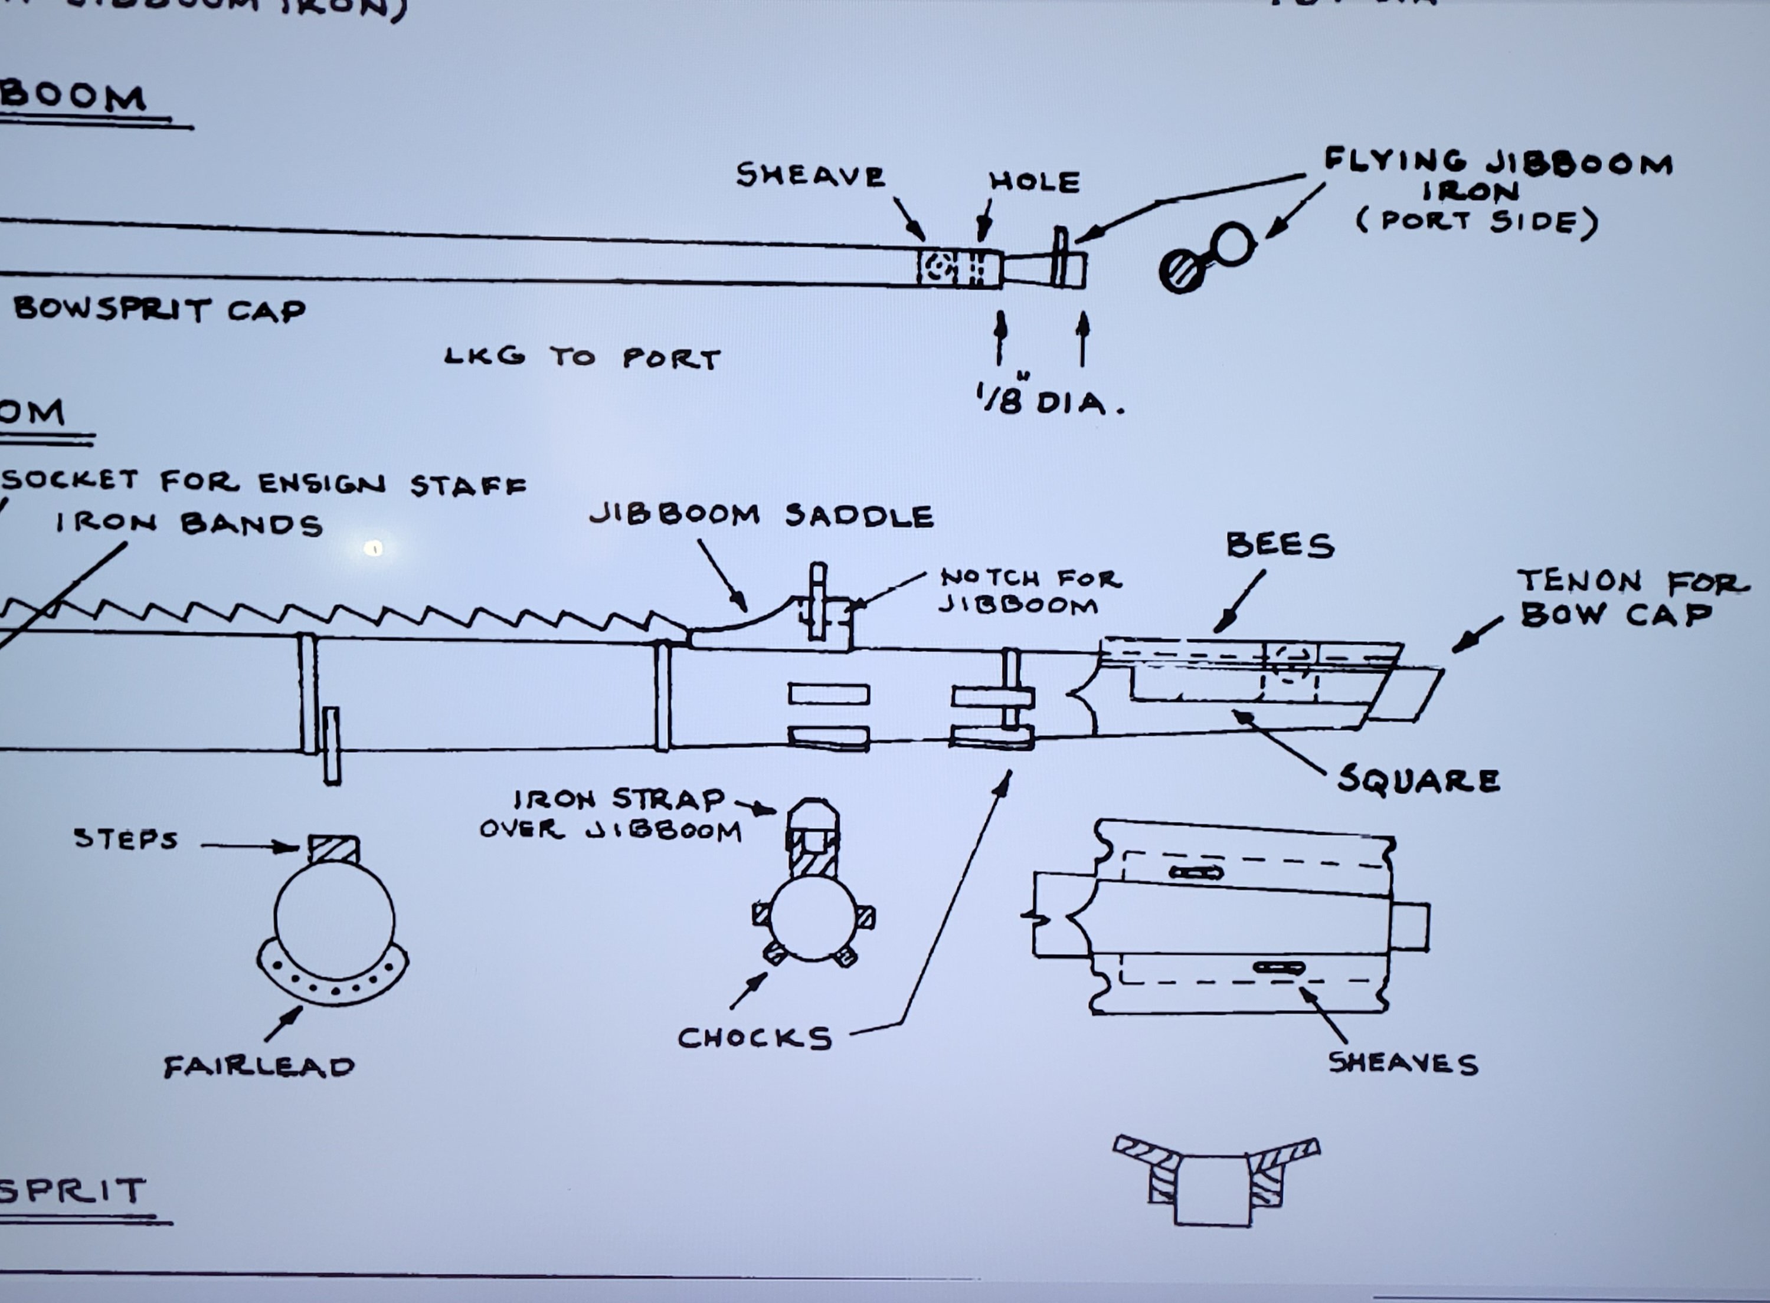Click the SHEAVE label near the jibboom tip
tap(810, 175)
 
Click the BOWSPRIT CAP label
tap(159, 309)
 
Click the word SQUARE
tap(1419, 780)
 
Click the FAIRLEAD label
tap(259, 1067)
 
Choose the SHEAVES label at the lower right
tap(1403, 1064)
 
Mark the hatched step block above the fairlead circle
tap(333, 849)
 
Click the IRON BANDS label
tap(189, 524)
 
